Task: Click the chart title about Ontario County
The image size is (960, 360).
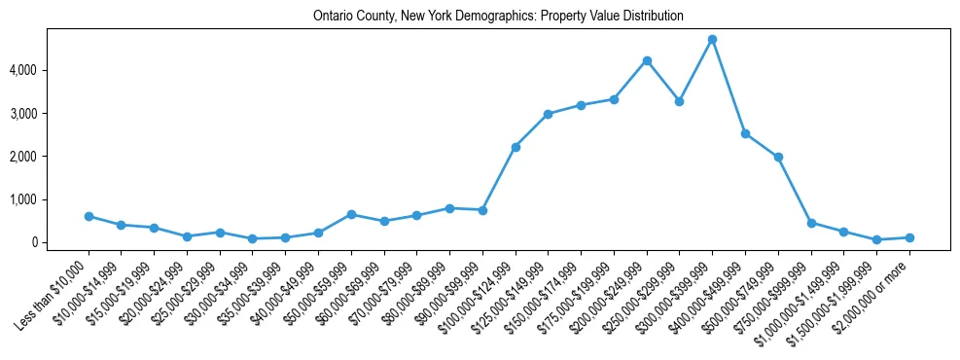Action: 498,17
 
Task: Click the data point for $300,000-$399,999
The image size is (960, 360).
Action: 712,39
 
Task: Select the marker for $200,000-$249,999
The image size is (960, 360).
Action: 647,60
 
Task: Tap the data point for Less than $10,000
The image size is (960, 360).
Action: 89,216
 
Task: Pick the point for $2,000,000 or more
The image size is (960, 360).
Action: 909,237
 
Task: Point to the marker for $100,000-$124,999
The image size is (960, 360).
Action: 516,147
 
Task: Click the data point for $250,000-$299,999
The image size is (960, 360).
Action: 680,101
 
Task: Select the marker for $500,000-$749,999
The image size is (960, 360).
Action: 778,157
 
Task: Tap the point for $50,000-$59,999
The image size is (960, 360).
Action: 351,214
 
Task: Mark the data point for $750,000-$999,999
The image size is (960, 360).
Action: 811,223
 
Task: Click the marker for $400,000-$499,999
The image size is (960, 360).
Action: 745,133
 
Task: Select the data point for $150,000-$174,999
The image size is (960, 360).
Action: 581,105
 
